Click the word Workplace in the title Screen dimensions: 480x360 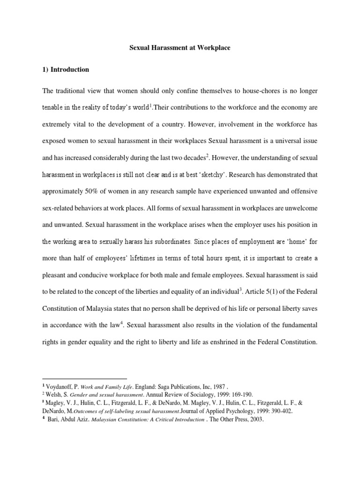(x=210, y=48)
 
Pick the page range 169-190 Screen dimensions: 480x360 (x=229, y=395)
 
